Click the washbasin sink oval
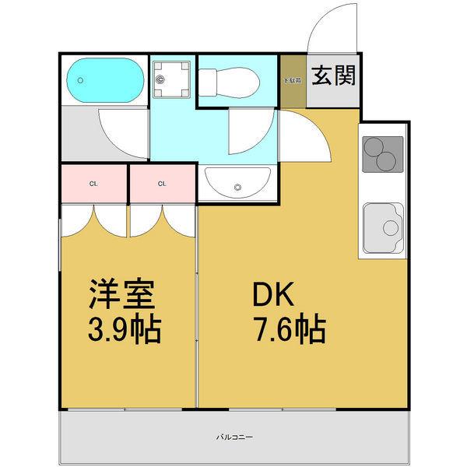point(237,185)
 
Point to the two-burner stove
point(382,155)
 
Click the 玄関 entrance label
point(334,76)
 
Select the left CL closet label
point(93,184)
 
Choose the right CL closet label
point(162,184)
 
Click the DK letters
point(270,295)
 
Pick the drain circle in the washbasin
point(238,186)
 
